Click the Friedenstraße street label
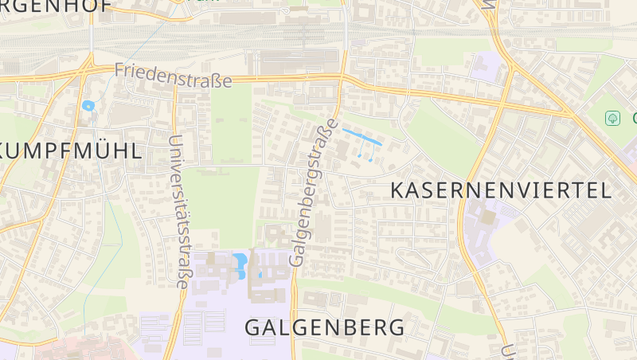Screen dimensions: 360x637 tap(173, 76)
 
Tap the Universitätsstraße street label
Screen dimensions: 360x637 tap(177, 210)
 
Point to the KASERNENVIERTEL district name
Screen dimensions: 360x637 tap(501, 190)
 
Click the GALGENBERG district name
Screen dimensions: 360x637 tap(324, 327)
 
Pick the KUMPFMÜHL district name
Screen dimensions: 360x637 tap(72, 151)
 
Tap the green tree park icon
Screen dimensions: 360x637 tap(612, 118)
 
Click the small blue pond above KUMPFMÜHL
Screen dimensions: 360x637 tap(88, 105)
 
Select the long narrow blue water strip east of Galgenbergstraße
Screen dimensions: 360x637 tap(362, 136)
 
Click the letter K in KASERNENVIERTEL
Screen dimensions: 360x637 tap(398, 190)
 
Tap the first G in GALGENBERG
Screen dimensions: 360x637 tap(253, 327)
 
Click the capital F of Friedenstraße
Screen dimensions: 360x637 tap(119, 70)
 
